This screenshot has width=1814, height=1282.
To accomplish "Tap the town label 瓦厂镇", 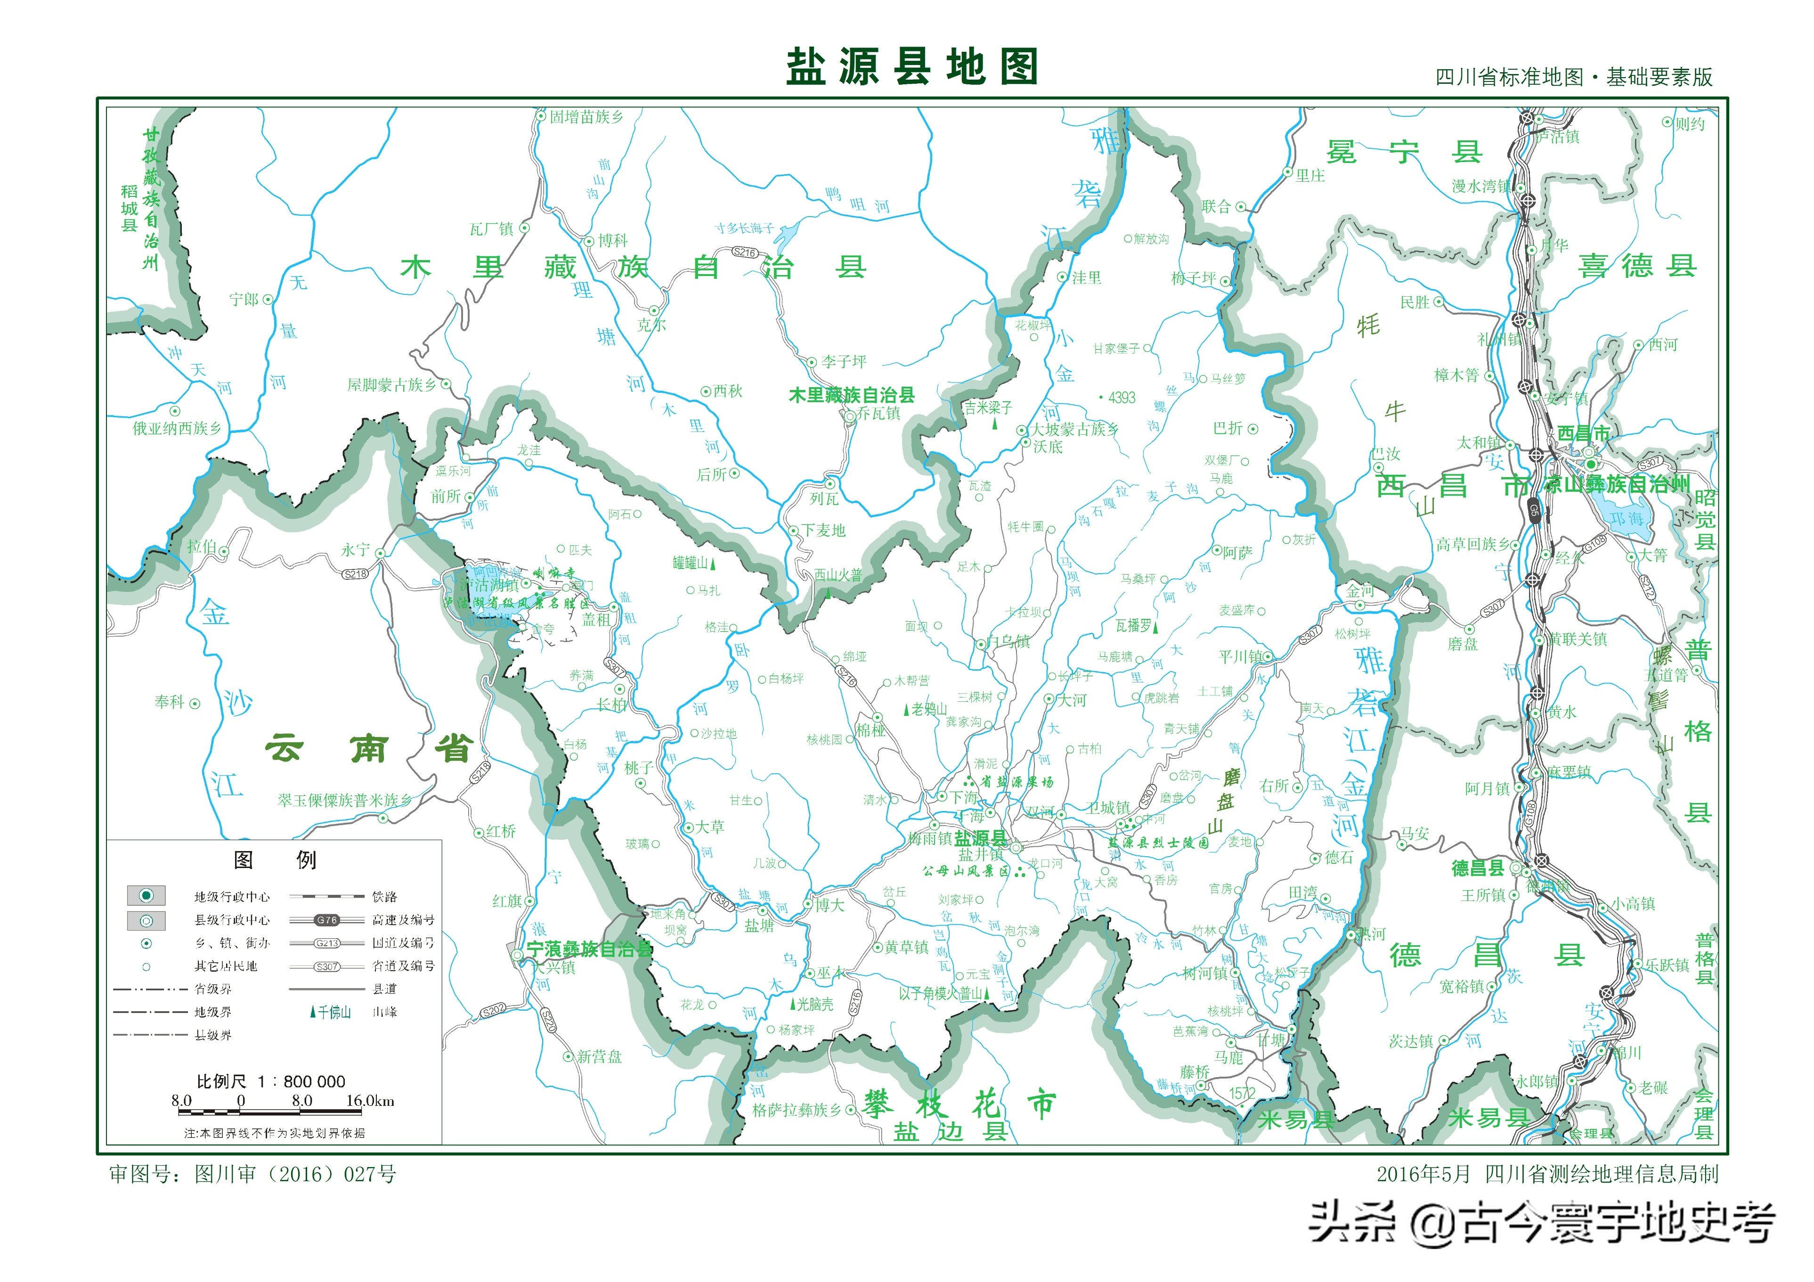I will pyautogui.click(x=491, y=229).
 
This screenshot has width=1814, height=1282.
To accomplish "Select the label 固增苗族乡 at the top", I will pyautogui.click(x=586, y=117).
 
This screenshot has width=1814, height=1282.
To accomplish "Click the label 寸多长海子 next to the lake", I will pyautogui.click(x=744, y=228).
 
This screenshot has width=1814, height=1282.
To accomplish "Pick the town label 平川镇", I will pyautogui.click(x=1240, y=657).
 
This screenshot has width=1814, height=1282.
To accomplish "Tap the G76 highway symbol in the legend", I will pyautogui.click(x=326, y=919).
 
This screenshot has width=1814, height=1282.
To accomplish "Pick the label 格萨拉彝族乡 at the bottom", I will pyautogui.click(x=797, y=1110).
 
